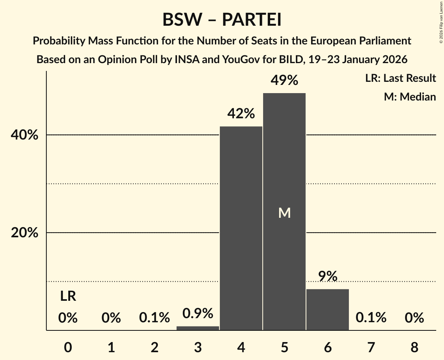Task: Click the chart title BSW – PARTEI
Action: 222,19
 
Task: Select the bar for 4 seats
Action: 241,228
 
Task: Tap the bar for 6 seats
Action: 327,309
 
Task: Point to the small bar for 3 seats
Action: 198,328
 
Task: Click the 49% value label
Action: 284,81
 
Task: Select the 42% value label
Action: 241,114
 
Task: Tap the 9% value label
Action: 327,276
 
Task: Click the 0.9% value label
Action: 198,313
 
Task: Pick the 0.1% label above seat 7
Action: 371,318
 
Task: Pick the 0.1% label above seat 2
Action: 154,318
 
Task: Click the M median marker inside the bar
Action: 284,213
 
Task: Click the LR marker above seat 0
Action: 68,296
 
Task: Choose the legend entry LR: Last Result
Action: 400,78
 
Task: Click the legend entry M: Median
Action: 410,97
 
